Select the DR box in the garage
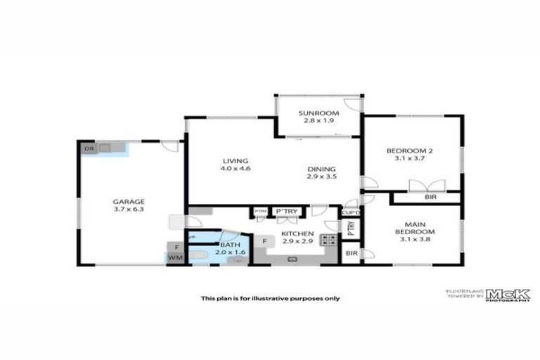click(x=89, y=149)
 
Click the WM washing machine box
click(x=174, y=258)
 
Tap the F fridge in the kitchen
click(x=264, y=241)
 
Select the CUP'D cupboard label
click(x=350, y=212)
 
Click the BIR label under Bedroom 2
click(x=430, y=198)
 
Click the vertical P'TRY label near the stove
click(x=350, y=228)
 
